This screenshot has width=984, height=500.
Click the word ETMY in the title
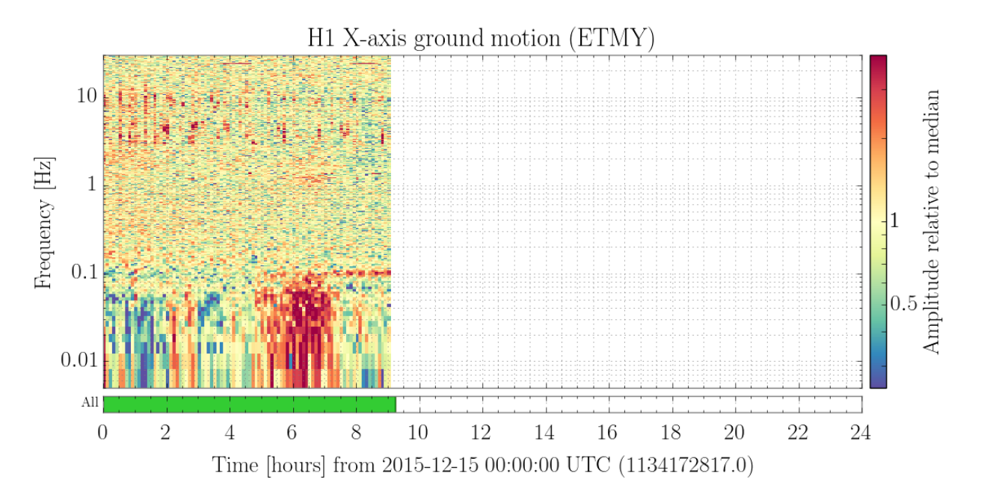(x=612, y=38)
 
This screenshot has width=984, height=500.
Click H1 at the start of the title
(x=321, y=38)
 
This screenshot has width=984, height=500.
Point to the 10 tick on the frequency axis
(x=87, y=96)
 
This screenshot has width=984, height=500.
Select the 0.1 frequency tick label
(x=84, y=272)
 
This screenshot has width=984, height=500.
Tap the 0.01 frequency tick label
(x=79, y=360)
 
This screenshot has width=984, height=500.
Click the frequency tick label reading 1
(x=92, y=184)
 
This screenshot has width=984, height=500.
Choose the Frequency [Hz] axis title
(x=43, y=223)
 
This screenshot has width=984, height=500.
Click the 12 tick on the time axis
(x=481, y=433)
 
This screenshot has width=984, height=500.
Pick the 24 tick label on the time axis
(x=860, y=433)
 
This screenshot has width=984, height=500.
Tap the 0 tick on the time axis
(x=102, y=433)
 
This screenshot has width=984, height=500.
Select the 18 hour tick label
(x=671, y=433)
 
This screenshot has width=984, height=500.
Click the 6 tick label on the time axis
(x=292, y=433)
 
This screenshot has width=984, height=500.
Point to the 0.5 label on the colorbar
(x=904, y=303)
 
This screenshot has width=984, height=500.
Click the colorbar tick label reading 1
(x=895, y=220)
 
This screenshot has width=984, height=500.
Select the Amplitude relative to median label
(x=931, y=222)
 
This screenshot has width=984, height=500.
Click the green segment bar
(x=250, y=404)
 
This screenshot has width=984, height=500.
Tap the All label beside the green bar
(x=90, y=402)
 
